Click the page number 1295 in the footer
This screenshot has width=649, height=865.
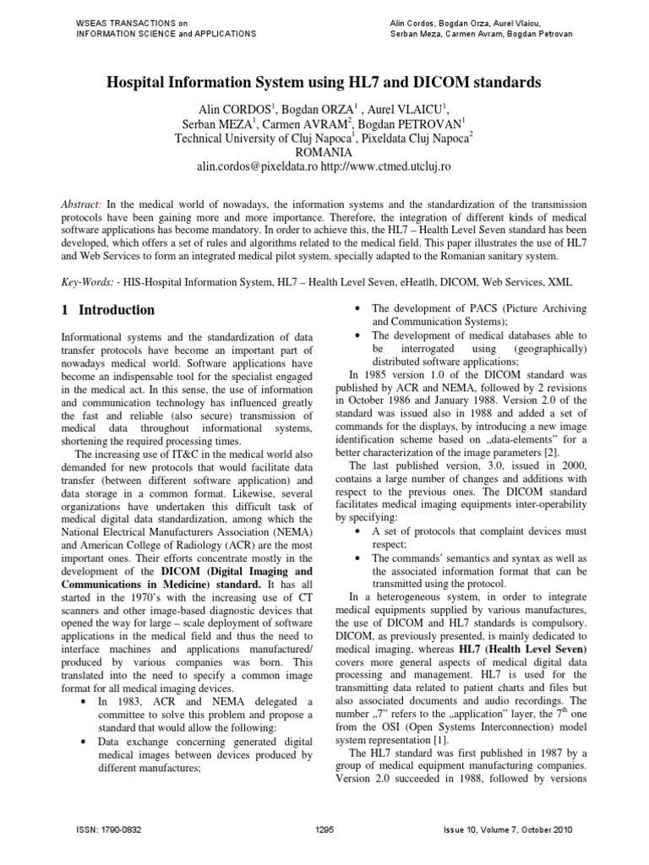[x=324, y=830]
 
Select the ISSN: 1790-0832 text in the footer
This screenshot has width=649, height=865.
[x=106, y=830]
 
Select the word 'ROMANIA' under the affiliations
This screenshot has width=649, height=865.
[x=324, y=152]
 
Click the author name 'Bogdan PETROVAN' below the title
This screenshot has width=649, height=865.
[x=409, y=122]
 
